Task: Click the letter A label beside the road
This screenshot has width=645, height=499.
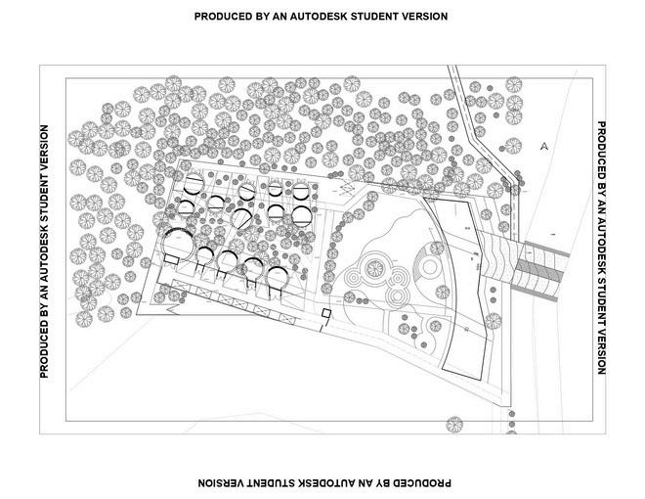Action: (543, 146)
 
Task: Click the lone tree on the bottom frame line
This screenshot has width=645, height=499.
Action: (453, 426)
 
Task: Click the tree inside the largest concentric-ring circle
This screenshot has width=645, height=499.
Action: (372, 266)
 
